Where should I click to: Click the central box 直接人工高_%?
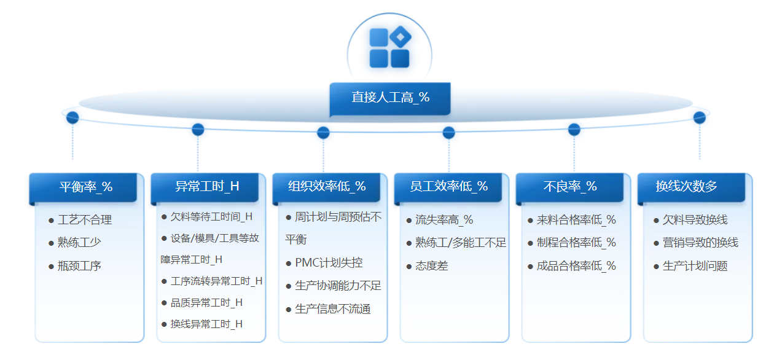tap(390, 98)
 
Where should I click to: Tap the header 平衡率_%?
tap(84, 187)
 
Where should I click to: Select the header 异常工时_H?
tap(205, 187)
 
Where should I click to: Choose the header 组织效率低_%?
tap(327, 187)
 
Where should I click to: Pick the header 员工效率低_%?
tap(448, 187)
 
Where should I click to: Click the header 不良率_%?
tap(570, 187)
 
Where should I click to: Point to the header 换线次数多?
tap(692, 187)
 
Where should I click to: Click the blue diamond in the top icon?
tap(400, 37)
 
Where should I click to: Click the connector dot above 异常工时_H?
tap(198, 130)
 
